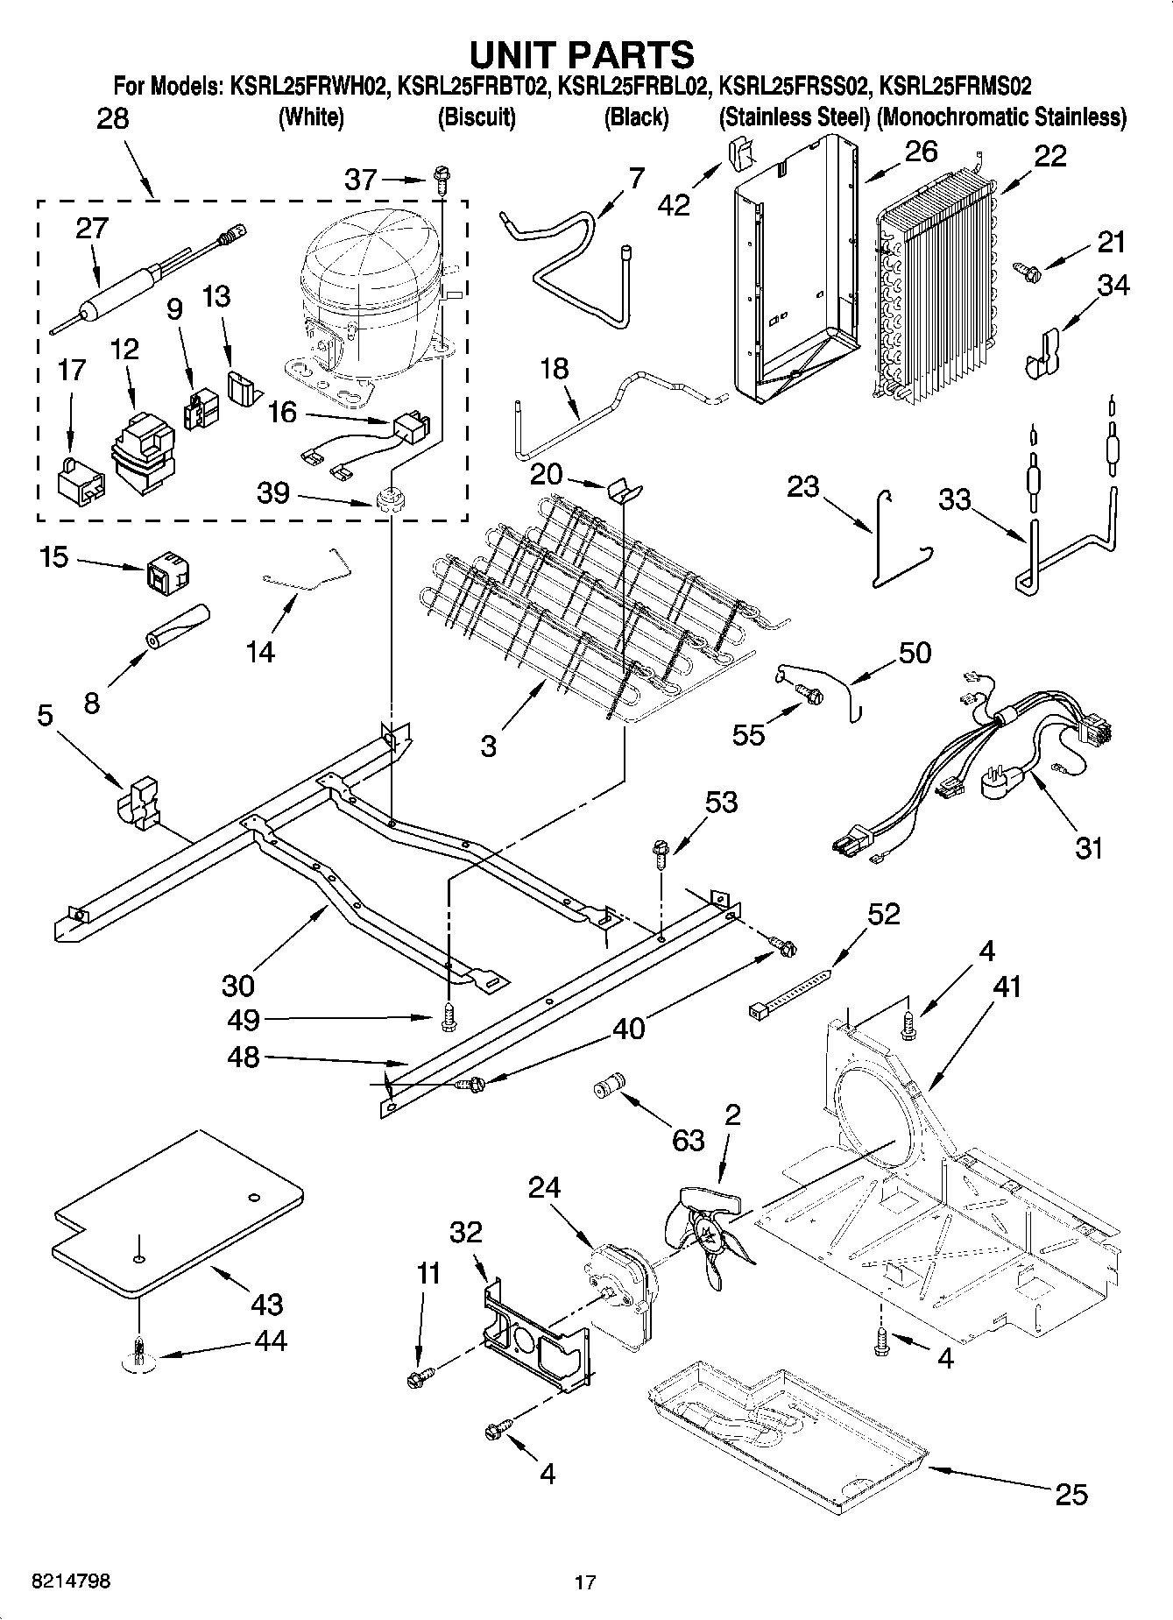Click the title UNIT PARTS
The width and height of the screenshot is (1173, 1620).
pos(582,54)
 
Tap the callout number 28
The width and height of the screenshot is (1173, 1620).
pos(112,119)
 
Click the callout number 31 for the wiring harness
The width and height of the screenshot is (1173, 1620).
pos(1088,847)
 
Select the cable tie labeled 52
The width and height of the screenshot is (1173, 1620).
pos(789,990)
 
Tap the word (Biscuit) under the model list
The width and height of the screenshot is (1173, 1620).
pos(476,117)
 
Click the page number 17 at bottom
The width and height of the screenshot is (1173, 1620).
pos(585,1582)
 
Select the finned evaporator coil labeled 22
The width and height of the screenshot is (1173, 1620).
pos(937,289)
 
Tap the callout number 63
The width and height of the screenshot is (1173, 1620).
pos(688,1139)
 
